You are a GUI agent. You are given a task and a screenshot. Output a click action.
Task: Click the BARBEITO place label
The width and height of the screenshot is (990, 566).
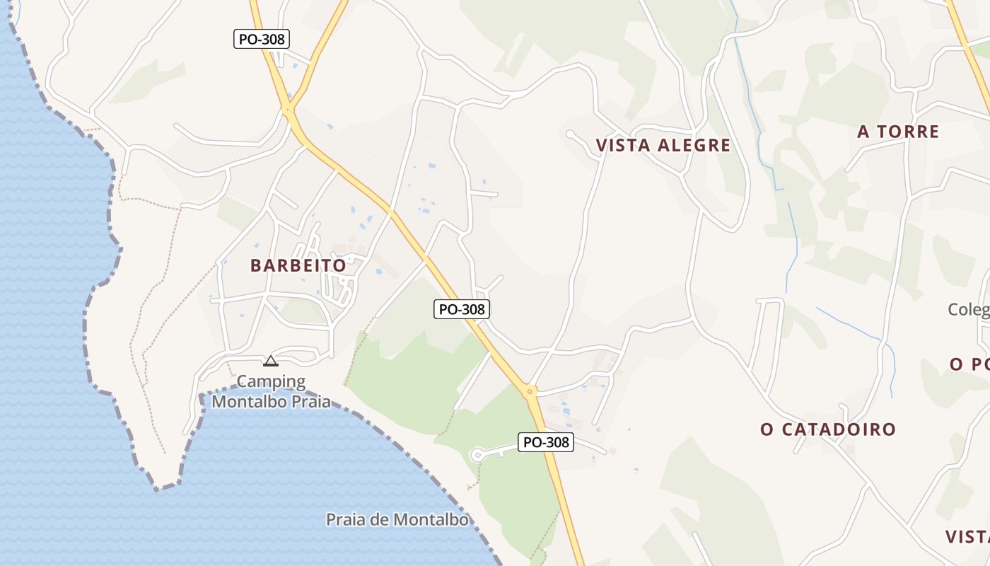[x=298, y=266]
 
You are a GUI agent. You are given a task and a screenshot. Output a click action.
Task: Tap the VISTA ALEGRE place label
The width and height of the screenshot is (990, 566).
[x=663, y=146]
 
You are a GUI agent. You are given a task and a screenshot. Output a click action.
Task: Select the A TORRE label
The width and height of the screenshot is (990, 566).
[x=898, y=132]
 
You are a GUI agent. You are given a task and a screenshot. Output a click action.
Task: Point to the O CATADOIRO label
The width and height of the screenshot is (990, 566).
[x=828, y=429]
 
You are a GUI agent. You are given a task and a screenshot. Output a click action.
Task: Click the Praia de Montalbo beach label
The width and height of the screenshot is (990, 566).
[x=397, y=520]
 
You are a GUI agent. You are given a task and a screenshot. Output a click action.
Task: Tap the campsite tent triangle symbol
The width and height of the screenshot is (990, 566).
[x=270, y=362]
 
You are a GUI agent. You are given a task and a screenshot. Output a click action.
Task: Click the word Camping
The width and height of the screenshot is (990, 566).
[x=271, y=382]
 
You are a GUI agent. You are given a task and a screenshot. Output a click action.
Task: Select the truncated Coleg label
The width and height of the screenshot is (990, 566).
[x=968, y=310]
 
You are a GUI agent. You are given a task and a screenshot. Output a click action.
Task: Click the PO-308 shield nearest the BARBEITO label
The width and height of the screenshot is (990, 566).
[x=462, y=309]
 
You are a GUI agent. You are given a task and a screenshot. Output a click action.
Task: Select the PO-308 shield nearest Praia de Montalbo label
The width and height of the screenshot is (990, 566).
[x=545, y=443]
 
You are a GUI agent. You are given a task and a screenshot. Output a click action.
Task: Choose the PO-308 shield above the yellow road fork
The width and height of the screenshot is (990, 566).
[x=262, y=39]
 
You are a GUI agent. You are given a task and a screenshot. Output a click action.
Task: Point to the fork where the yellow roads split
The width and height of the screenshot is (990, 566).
[x=287, y=110]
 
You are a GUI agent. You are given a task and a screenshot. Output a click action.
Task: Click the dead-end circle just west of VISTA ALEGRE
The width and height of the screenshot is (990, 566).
[x=570, y=133]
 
